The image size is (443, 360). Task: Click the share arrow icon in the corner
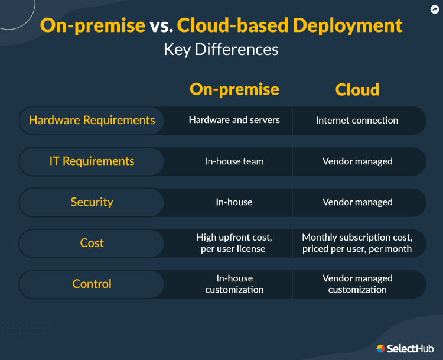click(434, 9)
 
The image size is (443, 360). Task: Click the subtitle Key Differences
click(221, 50)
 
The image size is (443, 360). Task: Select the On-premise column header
click(234, 89)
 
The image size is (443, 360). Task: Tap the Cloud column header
click(357, 90)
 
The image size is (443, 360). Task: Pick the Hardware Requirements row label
click(92, 120)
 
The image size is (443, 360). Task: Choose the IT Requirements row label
click(92, 161)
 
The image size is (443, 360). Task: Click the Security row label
click(92, 202)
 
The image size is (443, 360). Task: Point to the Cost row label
click(92, 243)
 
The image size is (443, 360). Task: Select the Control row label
click(92, 284)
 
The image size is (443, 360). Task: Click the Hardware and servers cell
click(234, 120)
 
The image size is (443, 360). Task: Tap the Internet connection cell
click(357, 121)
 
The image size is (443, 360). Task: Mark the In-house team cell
click(234, 161)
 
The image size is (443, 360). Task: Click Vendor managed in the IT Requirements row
click(357, 161)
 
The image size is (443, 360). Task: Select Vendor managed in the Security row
click(357, 202)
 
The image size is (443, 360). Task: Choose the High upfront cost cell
click(234, 243)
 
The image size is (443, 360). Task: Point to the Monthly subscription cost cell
click(357, 243)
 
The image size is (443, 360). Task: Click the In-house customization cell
click(234, 284)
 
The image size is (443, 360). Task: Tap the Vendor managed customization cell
click(357, 284)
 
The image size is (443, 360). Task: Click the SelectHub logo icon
click(381, 349)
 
